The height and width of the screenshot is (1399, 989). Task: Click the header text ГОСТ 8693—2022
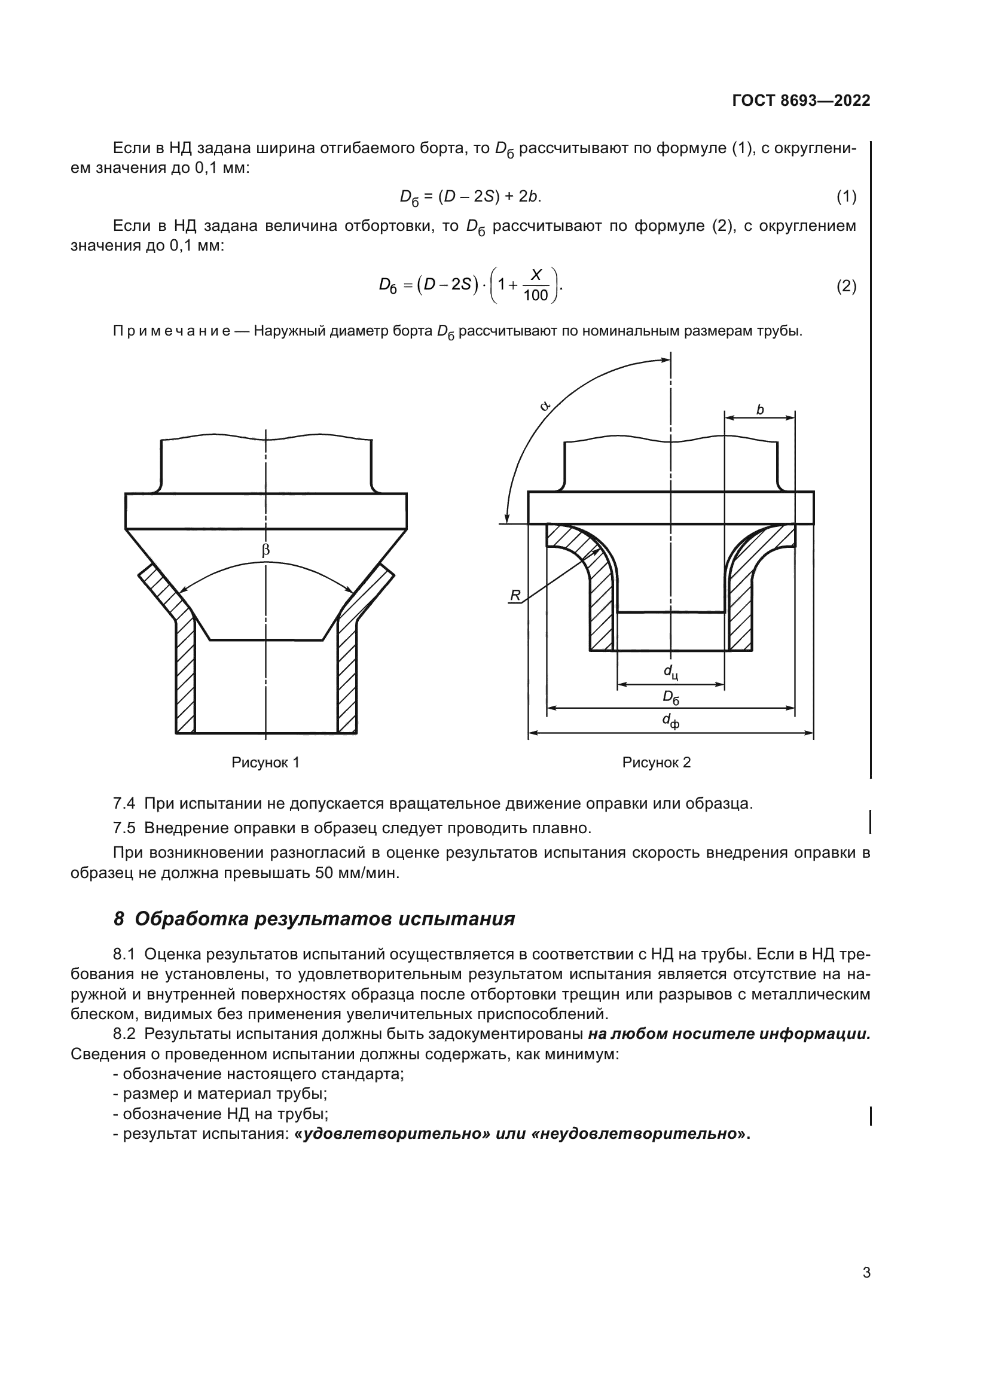pos(801,100)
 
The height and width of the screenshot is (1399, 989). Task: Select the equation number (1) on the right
pos(846,196)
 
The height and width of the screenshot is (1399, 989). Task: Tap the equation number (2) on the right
pos(846,286)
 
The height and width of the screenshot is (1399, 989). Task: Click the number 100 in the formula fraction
pos(535,296)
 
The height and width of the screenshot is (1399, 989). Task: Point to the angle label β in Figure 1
pos(265,550)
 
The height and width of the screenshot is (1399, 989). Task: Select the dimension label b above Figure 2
pos(759,410)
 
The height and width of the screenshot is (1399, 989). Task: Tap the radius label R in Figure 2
pos(515,595)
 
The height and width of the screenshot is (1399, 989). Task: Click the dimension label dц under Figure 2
pos(670,672)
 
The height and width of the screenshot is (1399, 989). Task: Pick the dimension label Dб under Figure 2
pos(670,697)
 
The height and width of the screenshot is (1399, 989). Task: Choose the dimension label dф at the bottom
pos(670,721)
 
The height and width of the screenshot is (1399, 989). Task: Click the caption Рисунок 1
pos(265,762)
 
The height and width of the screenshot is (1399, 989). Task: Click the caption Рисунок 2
pos(657,762)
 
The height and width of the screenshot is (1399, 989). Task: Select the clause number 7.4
pos(124,803)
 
